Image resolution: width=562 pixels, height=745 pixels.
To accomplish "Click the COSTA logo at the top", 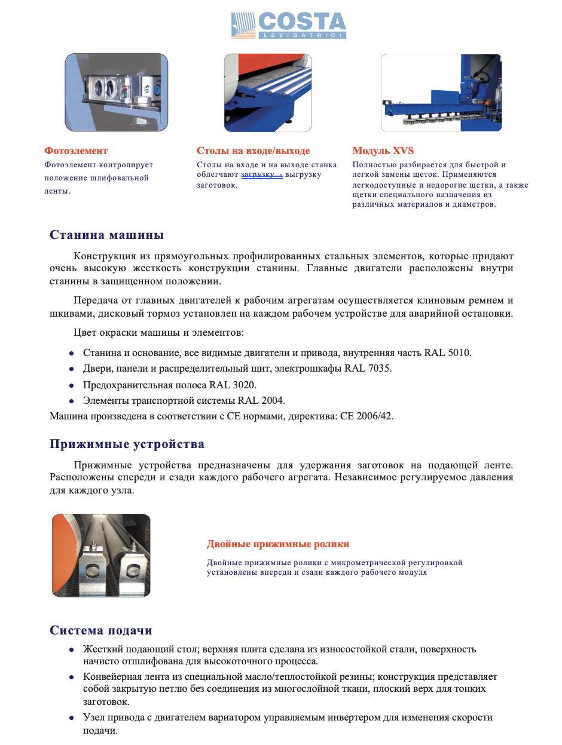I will [x=288, y=26].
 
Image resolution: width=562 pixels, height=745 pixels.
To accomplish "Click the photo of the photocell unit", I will [x=116, y=93].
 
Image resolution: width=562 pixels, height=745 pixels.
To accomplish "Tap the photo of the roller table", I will [x=267, y=93].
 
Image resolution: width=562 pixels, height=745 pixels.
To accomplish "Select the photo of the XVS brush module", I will [x=441, y=93].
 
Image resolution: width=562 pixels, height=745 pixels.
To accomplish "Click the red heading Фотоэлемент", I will [x=76, y=151].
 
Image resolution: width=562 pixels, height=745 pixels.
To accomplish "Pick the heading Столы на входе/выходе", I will [x=253, y=151].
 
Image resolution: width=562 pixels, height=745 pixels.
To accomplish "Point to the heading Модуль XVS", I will [x=383, y=151].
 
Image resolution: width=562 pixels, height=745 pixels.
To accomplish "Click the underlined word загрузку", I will [x=258, y=174].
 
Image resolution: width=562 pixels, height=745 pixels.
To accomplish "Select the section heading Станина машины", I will [x=106, y=235].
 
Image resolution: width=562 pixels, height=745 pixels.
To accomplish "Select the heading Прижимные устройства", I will [x=127, y=444].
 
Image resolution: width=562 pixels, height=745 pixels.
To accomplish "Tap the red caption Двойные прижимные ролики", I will [x=278, y=544].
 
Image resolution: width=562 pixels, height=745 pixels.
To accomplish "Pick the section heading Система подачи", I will [x=100, y=631].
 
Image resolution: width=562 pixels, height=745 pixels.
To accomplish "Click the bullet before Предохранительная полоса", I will [x=71, y=385].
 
